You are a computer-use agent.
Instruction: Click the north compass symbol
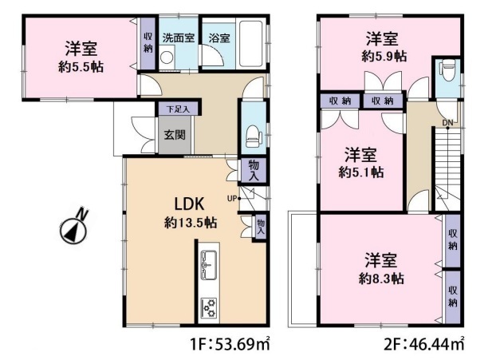click(x=74, y=228)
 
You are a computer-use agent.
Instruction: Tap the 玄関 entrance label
click(x=175, y=135)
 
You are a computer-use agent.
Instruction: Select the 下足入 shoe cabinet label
click(x=178, y=109)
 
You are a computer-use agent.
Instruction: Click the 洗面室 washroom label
click(x=179, y=38)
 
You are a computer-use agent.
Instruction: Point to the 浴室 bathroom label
click(x=219, y=38)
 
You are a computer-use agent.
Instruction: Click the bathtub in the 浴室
click(x=251, y=44)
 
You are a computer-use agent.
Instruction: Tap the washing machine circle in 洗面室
click(x=166, y=57)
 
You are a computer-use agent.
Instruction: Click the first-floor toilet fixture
click(x=254, y=136)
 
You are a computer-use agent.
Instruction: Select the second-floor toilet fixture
click(x=447, y=70)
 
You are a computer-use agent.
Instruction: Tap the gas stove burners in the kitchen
click(x=209, y=308)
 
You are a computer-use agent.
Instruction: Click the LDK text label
click(x=190, y=204)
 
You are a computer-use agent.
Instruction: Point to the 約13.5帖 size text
click(x=191, y=223)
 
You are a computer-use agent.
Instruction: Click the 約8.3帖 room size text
click(x=381, y=279)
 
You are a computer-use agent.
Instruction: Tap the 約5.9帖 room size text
click(x=384, y=57)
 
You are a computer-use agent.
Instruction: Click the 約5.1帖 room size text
click(x=361, y=172)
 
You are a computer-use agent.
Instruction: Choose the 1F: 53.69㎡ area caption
click(x=230, y=344)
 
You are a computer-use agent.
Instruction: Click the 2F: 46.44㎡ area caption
click(x=424, y=344)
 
